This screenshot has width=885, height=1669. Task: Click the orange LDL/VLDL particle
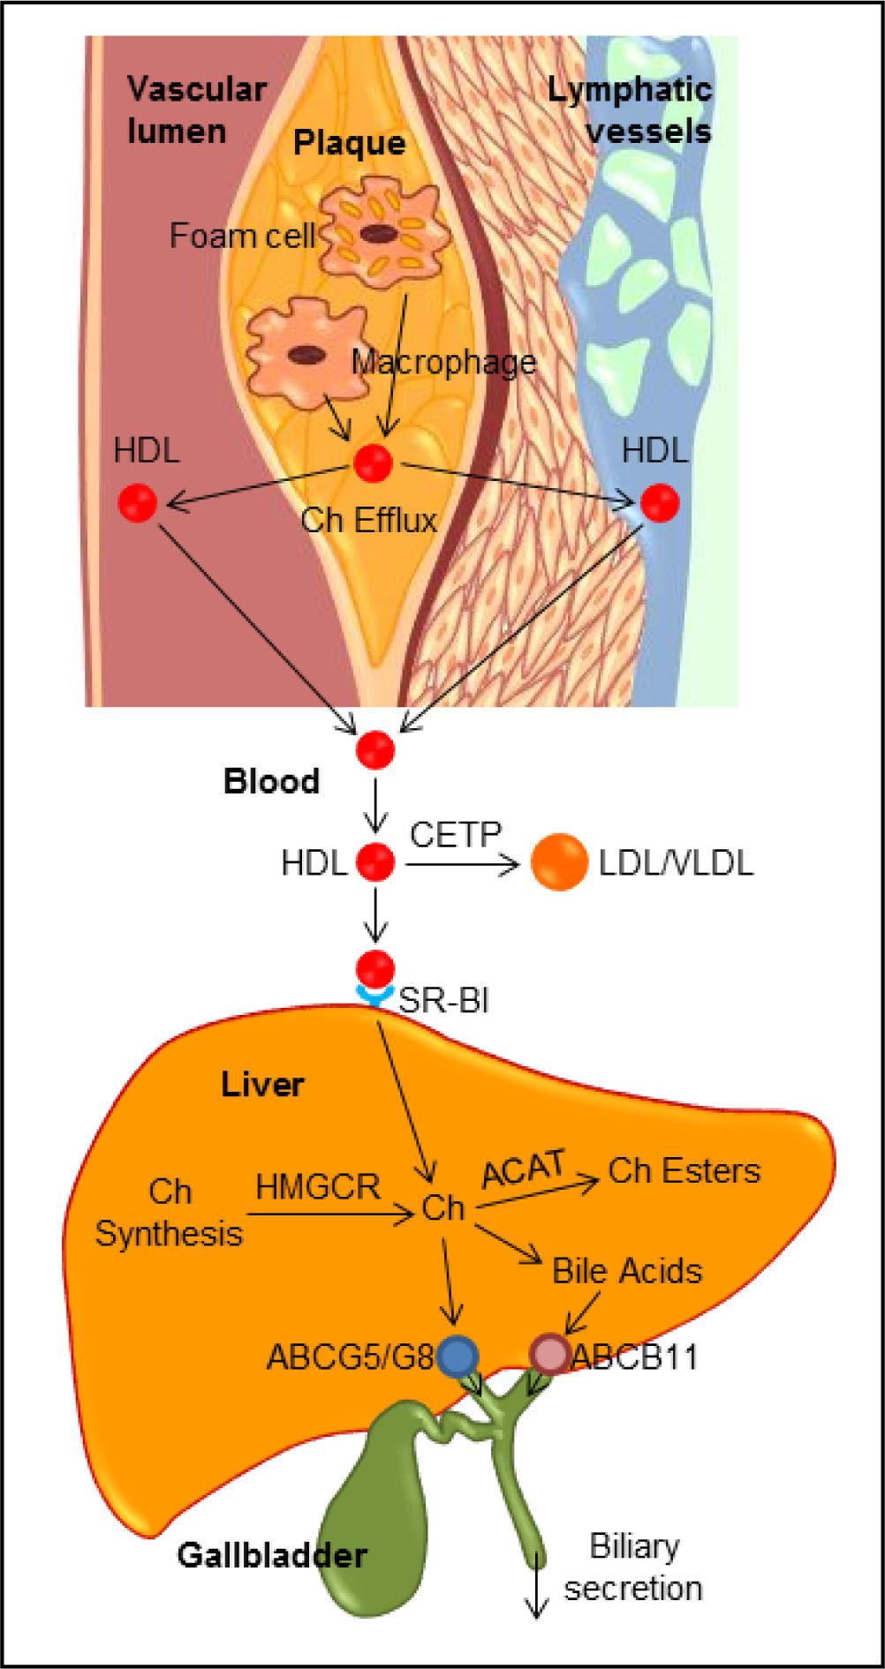point(558,862)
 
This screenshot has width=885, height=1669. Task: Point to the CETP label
point(455,833)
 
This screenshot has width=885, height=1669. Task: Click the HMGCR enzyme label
point(318,1187)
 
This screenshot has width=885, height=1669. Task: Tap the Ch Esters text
point(684,1170)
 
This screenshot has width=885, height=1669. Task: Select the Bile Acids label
point(627,1271)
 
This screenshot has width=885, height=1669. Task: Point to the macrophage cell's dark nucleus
point(306,354)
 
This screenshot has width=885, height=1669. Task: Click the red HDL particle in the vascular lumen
point(138,503)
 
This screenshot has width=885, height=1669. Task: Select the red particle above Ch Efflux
point(373,463)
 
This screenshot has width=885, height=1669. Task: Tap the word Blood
point(271,782)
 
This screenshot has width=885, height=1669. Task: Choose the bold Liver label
point(262,1084)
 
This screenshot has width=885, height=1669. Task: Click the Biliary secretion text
point(633,1568)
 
